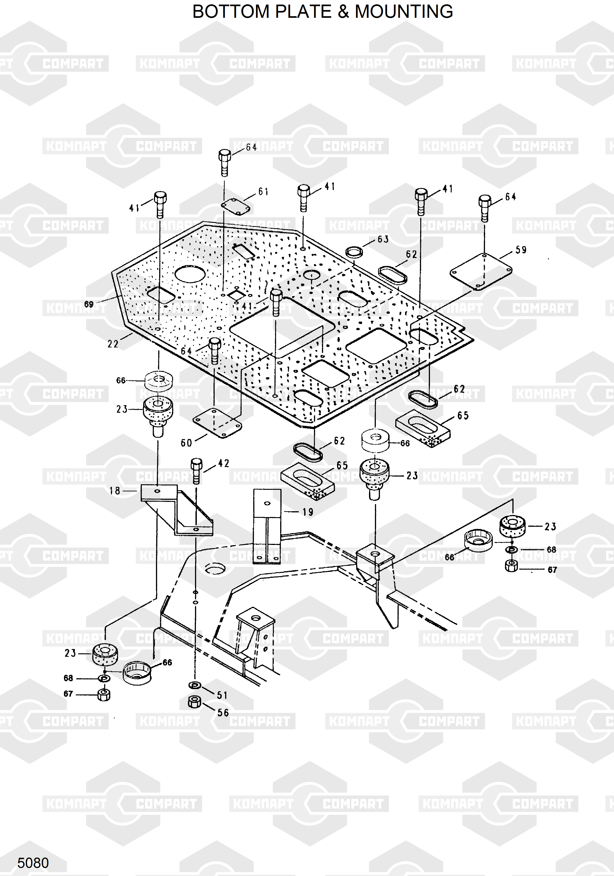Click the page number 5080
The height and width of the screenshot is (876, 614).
[33, 863]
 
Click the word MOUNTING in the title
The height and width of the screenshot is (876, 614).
[404, 11]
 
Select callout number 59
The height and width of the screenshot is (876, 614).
[521, 250]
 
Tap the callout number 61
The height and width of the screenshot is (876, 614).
[264, 192]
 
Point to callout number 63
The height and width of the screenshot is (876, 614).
[383, 239]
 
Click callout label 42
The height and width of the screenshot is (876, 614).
[223, 464]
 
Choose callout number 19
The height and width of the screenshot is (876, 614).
[308, 512]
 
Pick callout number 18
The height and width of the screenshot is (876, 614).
[115, 491]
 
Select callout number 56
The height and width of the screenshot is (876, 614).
[223, 713]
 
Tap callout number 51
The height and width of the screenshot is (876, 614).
[222, 695]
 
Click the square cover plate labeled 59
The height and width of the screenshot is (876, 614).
[481, 271]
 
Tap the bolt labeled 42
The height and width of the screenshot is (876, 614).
[196, 471]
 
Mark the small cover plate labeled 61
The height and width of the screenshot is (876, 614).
[236, 206]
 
